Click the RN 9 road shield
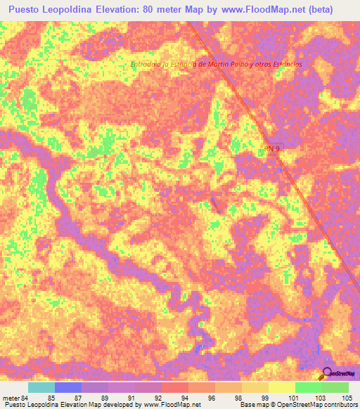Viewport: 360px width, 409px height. (x=273, y=148)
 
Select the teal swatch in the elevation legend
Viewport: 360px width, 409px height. (x=41, y=387)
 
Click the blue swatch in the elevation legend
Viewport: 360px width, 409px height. (x=68, y=387)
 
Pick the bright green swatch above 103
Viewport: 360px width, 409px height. (x=308, y=387)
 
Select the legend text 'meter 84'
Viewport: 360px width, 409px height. (x=15, y=397)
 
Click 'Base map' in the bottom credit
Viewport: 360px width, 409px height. (x=253, y=405)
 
